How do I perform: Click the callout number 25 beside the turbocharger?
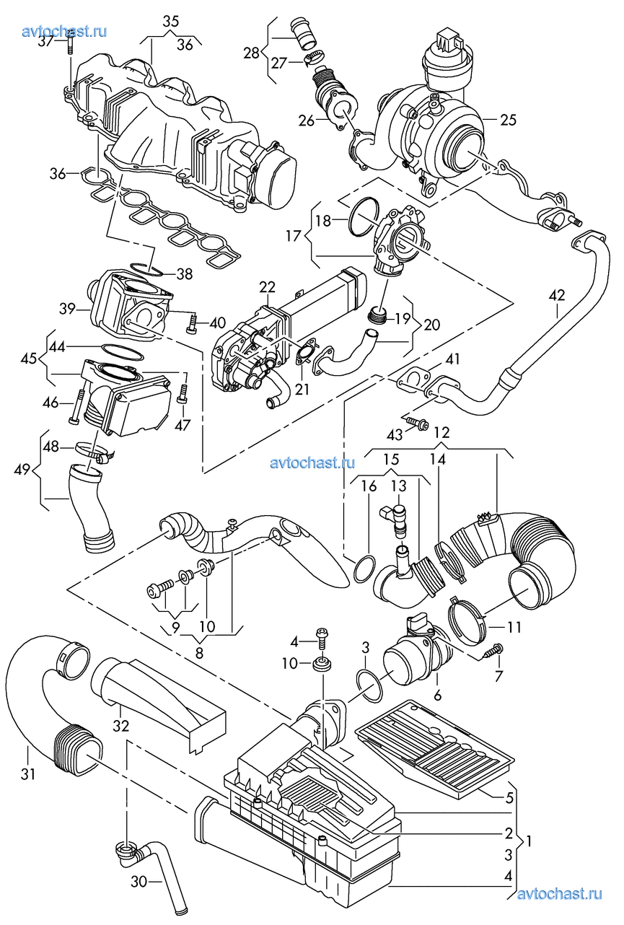(508, 120)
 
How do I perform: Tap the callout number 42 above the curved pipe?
(557, 295)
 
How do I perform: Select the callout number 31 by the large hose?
(28, 774)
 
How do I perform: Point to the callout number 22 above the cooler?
(267, 287)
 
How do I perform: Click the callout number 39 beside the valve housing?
(67, 309)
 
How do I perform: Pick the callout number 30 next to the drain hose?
(139, 882)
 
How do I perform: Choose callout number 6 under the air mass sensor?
(438, 695)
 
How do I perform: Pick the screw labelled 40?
(193, 323)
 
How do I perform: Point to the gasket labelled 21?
(307, 351)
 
